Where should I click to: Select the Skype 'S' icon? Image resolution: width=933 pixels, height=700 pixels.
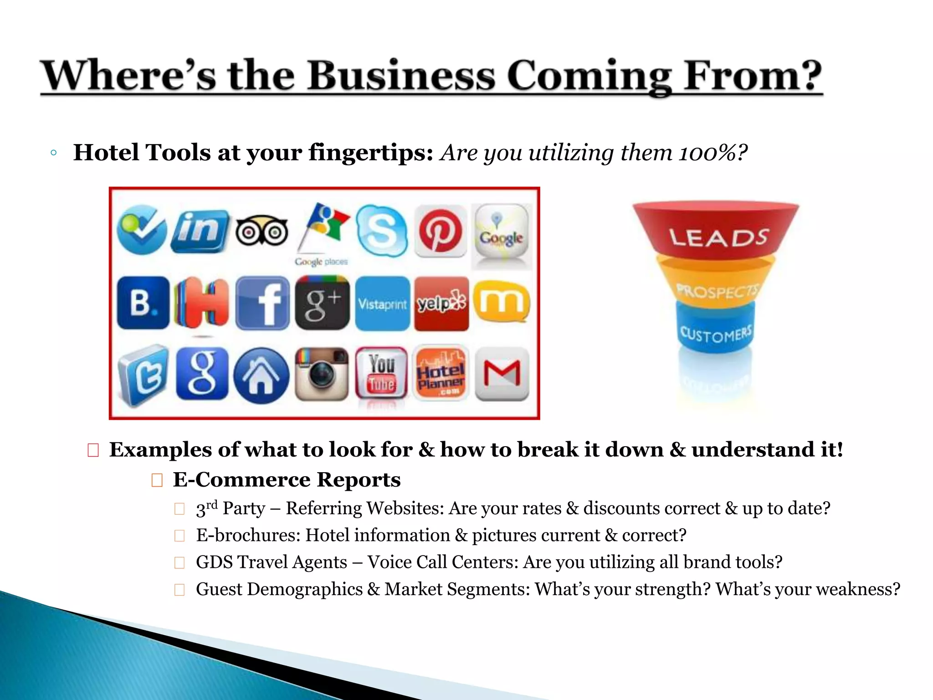tap(381, 230)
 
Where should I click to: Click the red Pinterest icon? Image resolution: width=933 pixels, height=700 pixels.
tap(440, 231)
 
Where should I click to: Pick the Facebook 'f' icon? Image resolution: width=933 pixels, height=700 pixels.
tap(262, 303)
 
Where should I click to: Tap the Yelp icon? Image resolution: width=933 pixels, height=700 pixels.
tap(441, 303)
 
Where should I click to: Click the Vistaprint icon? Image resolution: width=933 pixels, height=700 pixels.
tap(382, 304)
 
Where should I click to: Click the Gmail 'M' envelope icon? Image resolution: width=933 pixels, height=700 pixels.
tap(502, 374)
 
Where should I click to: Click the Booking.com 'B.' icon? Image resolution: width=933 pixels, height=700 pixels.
tap(143, 303)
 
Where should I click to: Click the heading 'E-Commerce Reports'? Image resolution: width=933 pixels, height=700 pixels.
tap(287, 480)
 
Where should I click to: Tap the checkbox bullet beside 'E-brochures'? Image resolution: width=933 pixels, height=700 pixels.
tap(179, 535)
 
